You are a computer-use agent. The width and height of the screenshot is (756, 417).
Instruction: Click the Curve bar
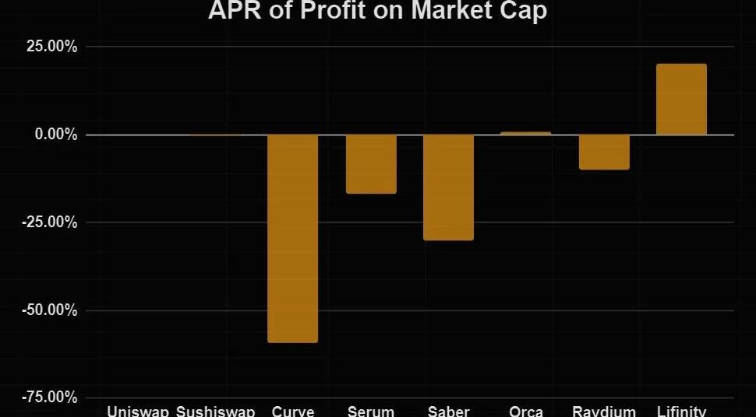[293, 238]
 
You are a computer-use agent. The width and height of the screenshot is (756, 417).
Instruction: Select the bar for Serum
[371, 163]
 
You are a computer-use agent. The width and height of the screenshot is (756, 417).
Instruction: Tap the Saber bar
[449, 187]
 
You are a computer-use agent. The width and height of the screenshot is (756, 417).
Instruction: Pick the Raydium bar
[604, 152]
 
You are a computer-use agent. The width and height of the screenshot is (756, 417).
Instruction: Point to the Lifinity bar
[681, 100]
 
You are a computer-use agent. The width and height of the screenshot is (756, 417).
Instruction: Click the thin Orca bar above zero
[526, 133]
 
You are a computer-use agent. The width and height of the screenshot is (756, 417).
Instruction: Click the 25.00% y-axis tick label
[49, 47]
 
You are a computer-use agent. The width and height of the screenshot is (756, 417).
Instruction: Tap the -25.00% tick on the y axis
[48, 223]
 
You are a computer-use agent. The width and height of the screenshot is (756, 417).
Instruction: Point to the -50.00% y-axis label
[48, 310]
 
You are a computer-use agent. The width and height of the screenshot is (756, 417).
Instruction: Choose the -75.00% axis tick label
[48, 398]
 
